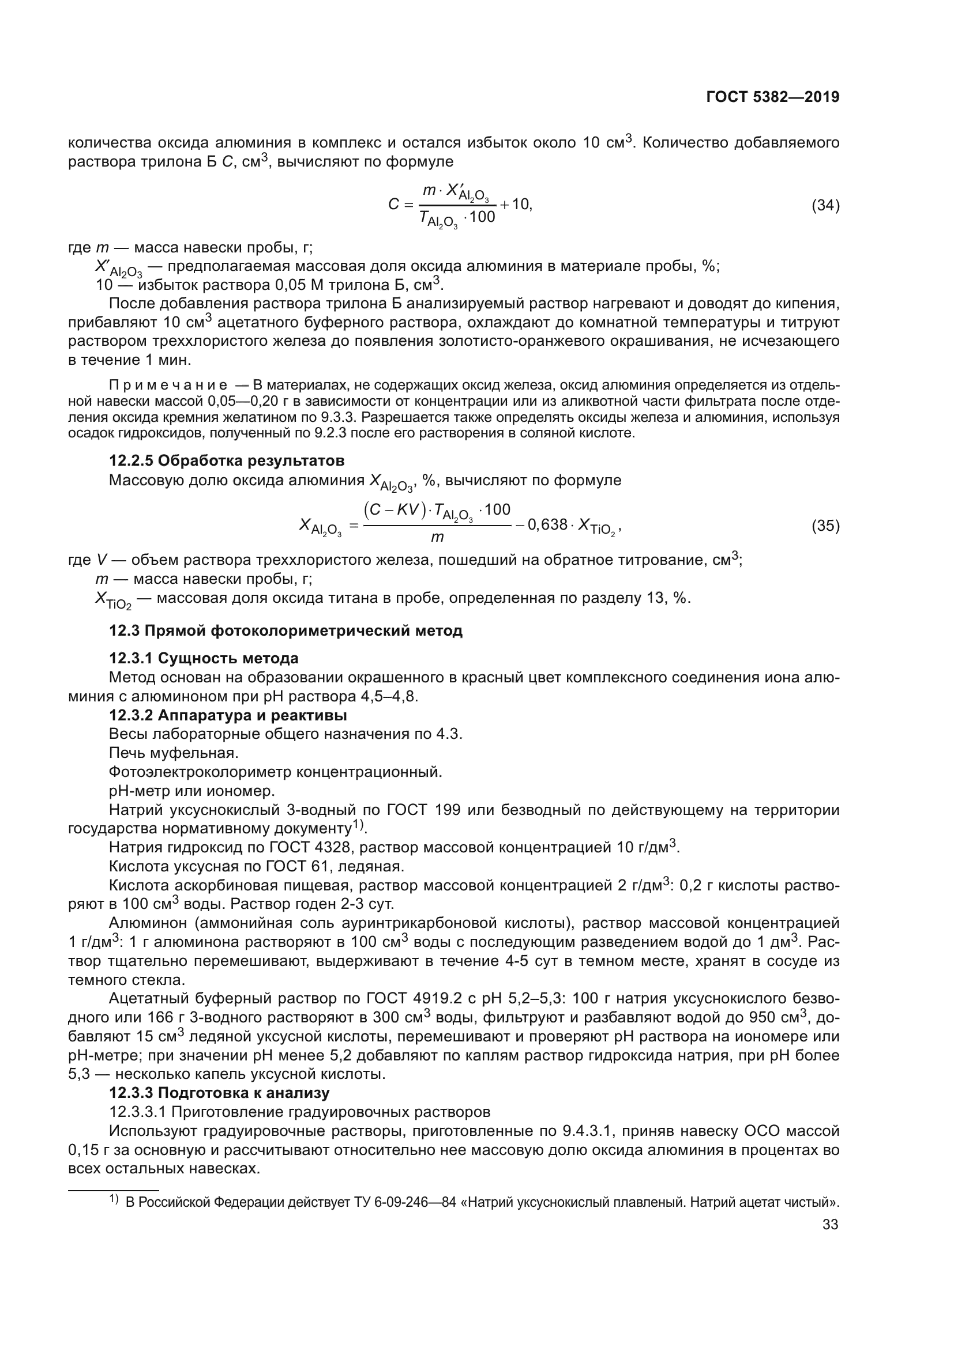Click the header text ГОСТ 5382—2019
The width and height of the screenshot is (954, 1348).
point(772,97)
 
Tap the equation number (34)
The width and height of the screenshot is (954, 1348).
point(825,206)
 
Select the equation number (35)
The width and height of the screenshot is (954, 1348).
point(825,526)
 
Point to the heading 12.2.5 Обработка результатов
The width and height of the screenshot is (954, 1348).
point(227,460)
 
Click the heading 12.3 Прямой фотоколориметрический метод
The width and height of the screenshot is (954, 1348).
point(286,631)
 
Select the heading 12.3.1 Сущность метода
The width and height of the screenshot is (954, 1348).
point(204,658)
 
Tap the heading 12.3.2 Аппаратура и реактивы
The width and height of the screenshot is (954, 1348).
point(228,715)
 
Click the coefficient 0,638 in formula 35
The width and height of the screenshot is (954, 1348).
point(547,525)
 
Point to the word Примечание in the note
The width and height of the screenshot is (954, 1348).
point(168,386)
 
